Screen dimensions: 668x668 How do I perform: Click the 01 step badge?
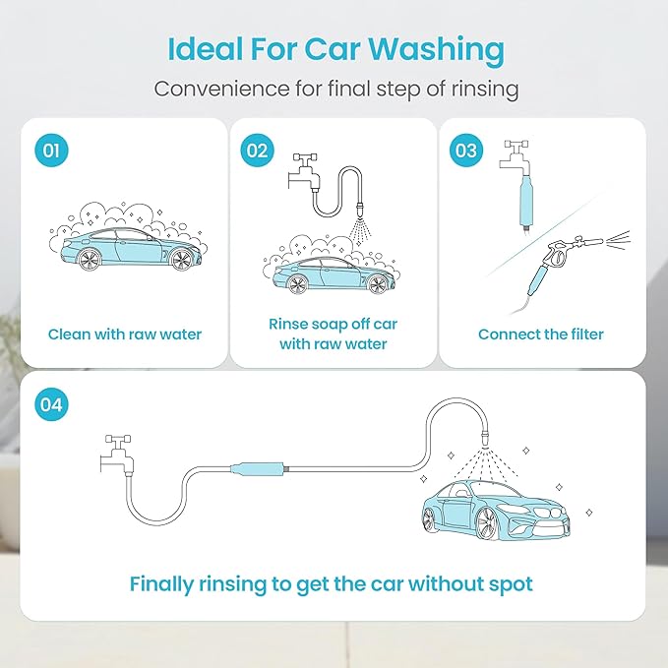tap(52, 151)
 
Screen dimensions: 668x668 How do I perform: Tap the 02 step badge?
tap(257, 151)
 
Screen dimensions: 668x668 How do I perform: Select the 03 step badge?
tap(465, 151)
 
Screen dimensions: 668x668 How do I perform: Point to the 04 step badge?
tap(52, 402)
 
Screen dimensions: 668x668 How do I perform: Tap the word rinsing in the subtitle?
tap(479, 89)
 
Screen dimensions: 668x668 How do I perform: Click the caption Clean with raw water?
tap(125, 334)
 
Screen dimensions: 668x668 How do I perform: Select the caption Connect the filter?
tap(541, 334)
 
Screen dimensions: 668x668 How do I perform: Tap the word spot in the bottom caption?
tap(511, 584)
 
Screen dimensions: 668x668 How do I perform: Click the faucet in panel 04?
tap(119, 453)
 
